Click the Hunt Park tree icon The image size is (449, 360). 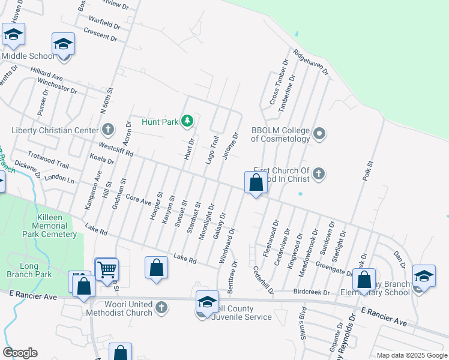coord(187,122)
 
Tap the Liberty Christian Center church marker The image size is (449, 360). coord(107,130)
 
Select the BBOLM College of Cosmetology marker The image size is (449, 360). coord(319,133)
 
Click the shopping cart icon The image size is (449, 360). coord(107,269)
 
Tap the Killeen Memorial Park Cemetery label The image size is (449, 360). coord(49,226)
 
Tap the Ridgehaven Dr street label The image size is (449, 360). coord(312,62)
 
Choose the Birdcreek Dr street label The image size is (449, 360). coord(312,293)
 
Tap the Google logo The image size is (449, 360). coord(20,353)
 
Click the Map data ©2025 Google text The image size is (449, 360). coord(411,355)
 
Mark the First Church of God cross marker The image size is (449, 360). coord(319,174)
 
